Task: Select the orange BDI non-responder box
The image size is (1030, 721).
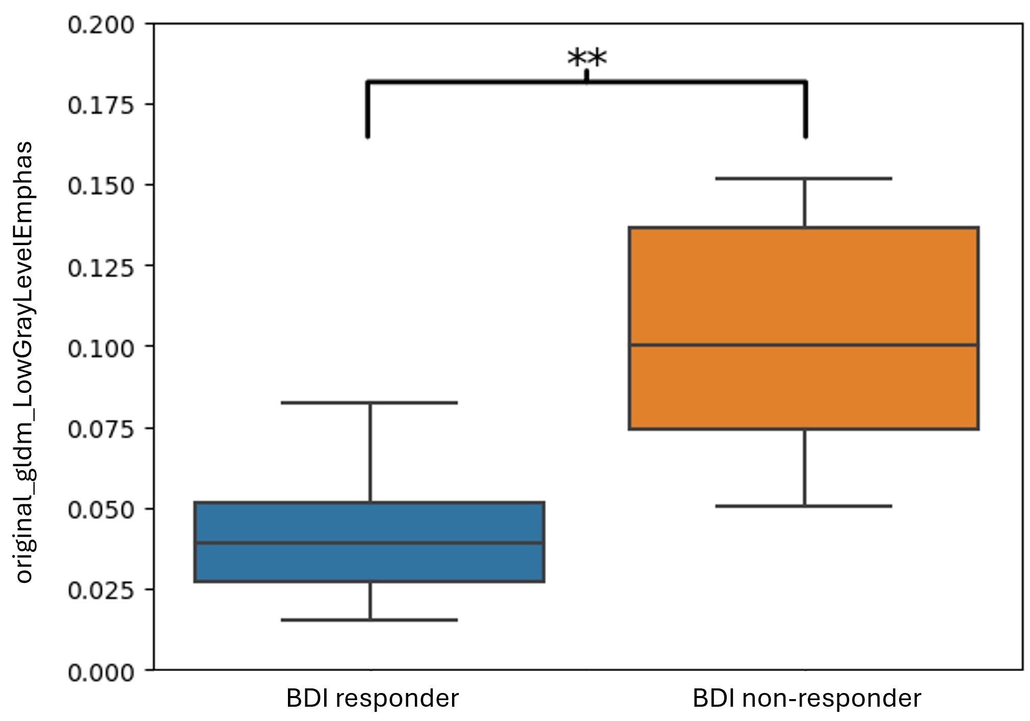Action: point(804,285)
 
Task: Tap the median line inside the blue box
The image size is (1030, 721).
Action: point(369,543)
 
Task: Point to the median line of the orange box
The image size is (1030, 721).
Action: point(804,345)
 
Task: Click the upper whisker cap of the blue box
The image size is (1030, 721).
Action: point(369,403)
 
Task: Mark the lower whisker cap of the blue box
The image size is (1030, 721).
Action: point(369,620)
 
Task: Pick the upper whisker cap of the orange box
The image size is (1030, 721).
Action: point(804,178)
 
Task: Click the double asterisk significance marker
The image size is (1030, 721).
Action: point(587,58)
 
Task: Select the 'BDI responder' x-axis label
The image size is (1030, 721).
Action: point(372,698)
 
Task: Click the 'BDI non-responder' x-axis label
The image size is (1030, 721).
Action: point(806,698)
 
